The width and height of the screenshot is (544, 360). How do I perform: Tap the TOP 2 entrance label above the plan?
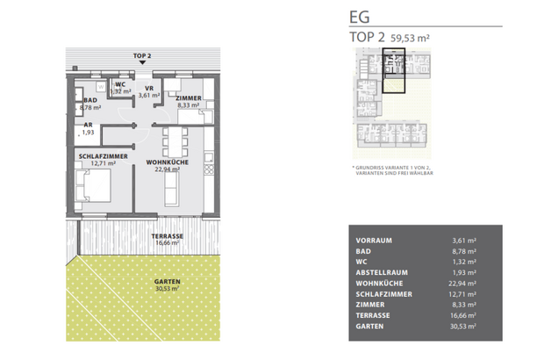click(x=142, y=55)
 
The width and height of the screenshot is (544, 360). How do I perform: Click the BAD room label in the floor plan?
click(x=89, y=101)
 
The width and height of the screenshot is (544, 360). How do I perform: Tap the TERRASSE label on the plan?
click(x=166, y=236)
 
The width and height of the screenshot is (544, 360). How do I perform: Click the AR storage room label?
click(x=88, y=126)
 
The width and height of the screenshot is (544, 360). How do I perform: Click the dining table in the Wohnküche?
click(x=175, y=139)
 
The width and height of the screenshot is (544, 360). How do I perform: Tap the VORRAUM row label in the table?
click(x=373, y=240)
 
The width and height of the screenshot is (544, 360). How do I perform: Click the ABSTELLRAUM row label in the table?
click(x=380, y=272)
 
